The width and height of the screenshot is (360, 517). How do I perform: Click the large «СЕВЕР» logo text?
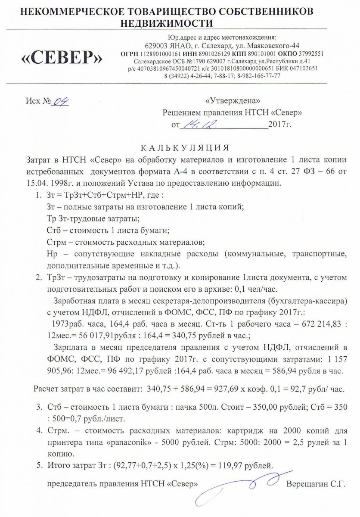coord(62,56)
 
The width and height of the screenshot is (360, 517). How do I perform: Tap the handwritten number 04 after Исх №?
coord(61,102)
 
